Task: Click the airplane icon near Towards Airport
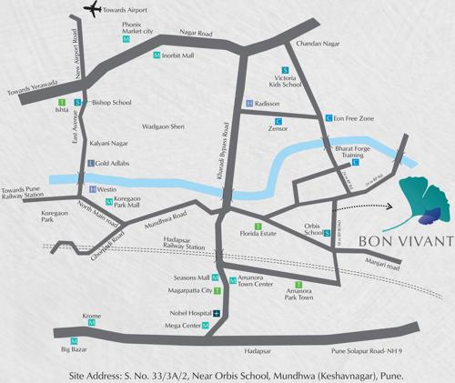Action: [92, 11]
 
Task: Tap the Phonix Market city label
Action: [126, 29]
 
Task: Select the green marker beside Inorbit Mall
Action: [157, 56]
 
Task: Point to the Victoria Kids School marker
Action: [286, 71]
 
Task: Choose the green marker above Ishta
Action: [61, 101]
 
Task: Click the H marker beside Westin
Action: [92, 188]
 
